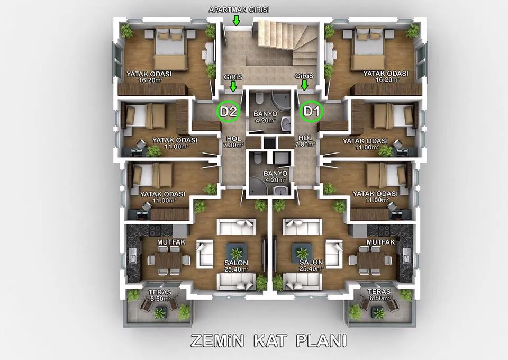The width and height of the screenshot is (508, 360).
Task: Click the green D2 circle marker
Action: tap(229, 112)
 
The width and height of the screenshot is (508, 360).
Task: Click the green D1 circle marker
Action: tap(311, 111)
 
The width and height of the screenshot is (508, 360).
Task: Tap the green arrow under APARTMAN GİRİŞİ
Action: tap(237, 21)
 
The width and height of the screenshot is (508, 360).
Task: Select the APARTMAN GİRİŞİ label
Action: tap(239, 10)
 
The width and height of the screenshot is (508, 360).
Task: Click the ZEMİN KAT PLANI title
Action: tap(269, 341)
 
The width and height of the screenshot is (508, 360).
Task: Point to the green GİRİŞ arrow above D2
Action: tap(233, 86)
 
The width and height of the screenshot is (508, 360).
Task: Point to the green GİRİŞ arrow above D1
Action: tap(304, 85)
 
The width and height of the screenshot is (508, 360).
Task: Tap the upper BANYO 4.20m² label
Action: tap(265, 117)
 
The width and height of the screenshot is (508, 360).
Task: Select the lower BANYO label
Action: tap(275, 173)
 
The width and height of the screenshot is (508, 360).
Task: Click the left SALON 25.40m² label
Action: tap(236, 266)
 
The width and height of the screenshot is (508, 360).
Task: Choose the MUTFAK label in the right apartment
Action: tap(380, 242)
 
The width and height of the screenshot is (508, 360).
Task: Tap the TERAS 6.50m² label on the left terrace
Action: tap(160, 295)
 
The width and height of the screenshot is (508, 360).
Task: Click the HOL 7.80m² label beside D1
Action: tap(305, 141)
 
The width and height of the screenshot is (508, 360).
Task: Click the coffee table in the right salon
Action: tap(302, 253)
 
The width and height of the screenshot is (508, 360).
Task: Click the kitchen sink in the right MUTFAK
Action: tap(406, 255)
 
